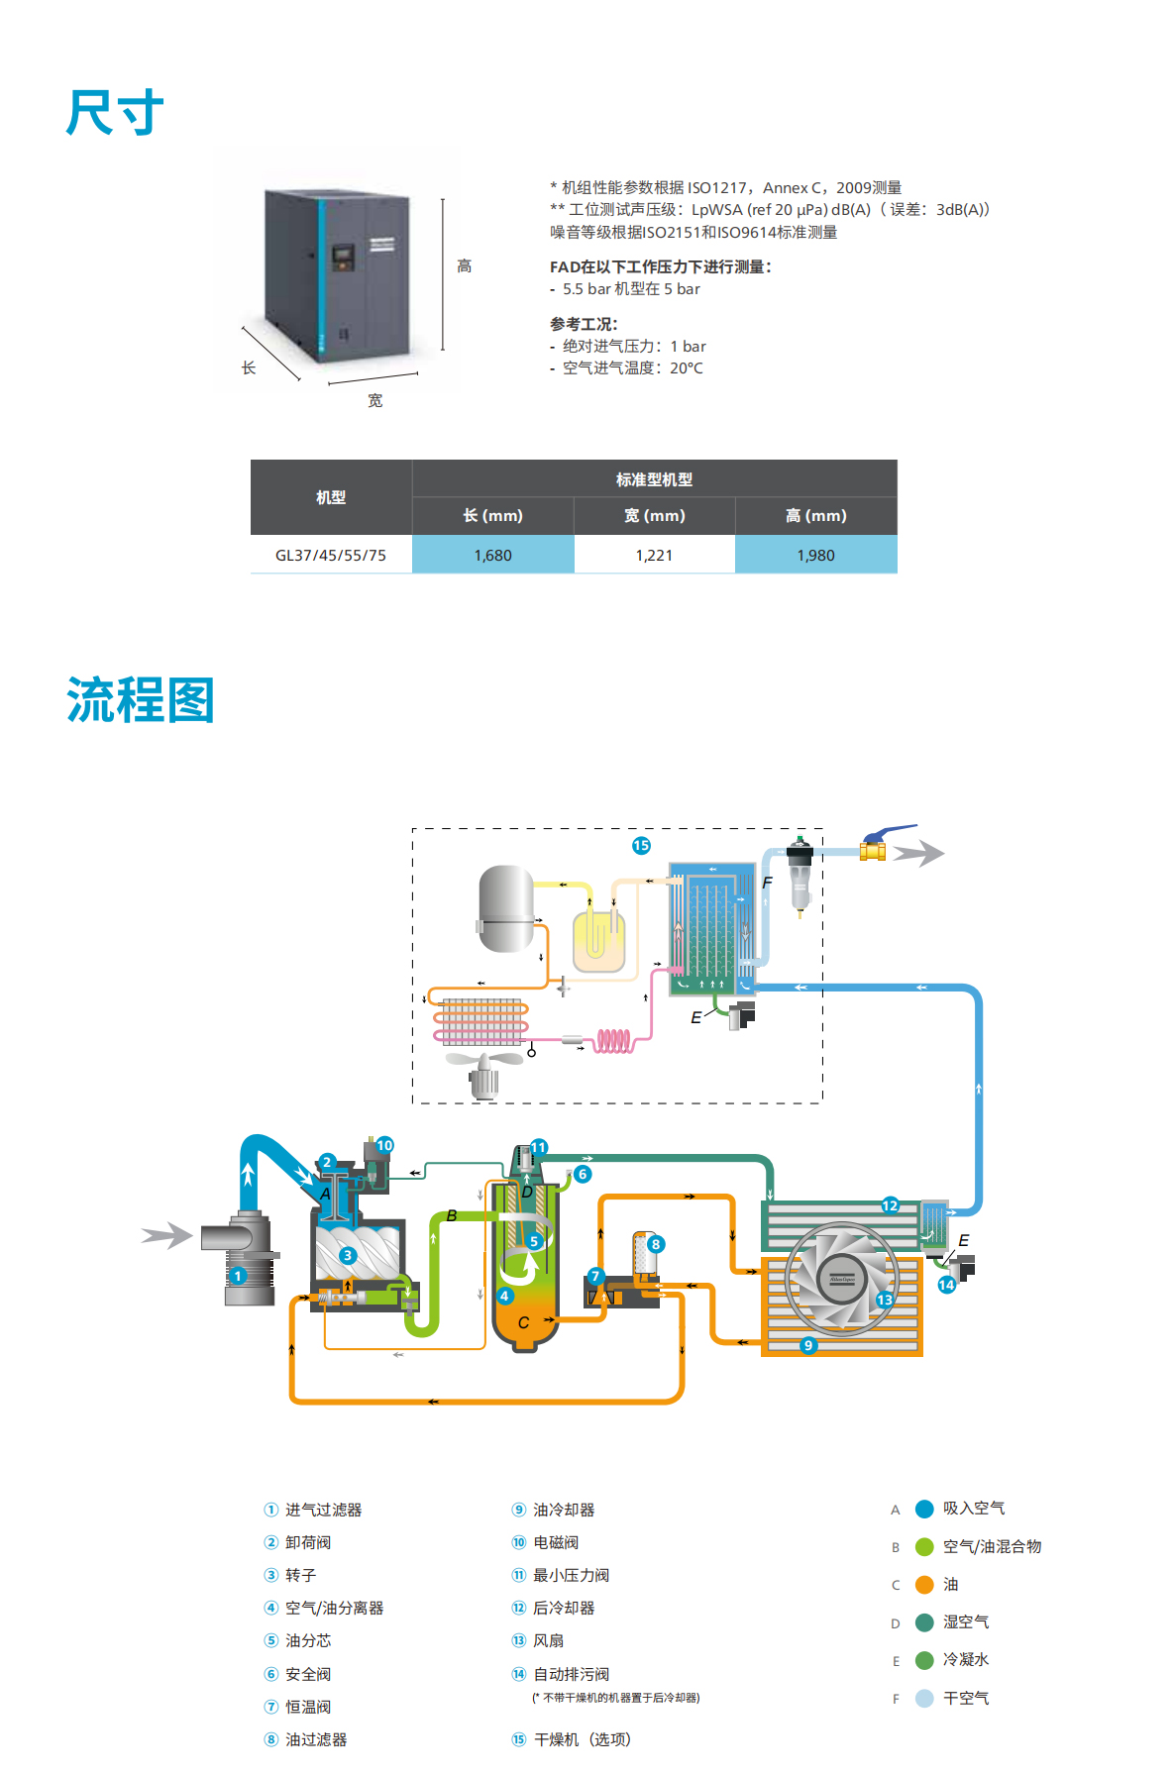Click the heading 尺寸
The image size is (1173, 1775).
[115, 112]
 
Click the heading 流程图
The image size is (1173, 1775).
[141, 700]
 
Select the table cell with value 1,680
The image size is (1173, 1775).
[492, 555]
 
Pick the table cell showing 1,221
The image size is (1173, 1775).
[654, 555]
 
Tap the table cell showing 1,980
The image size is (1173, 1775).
[815, 555]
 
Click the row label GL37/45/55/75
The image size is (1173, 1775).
[331, 555]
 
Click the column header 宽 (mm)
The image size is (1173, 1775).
[654, 515]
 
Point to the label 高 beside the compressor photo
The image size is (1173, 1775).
[464, 266]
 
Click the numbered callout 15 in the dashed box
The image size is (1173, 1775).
[641, 845]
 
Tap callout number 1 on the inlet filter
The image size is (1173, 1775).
[238, 1276]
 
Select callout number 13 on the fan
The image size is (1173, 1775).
[884, 1300]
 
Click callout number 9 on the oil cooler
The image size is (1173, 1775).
[808, 1345]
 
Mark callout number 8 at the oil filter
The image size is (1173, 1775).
[655, 1244]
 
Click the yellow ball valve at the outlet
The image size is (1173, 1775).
[873, 850]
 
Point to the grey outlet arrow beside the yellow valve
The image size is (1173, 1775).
[919, 852]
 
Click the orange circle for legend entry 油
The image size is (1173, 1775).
[924, 1585]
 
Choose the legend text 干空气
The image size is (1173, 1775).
[966, 1698]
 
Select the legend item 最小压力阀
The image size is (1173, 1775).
[571, 1575]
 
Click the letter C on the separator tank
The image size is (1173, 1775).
[523, 1322]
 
